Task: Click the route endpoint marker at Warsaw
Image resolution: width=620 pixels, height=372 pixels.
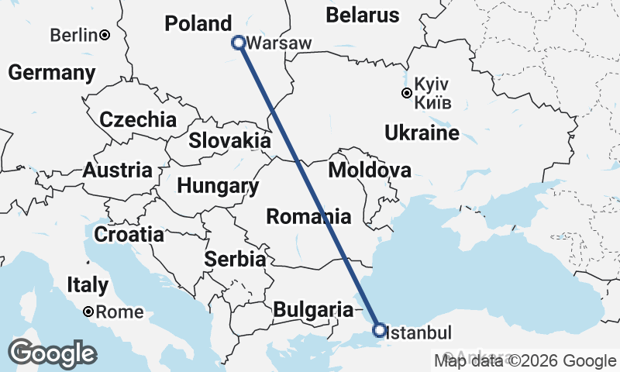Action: (239, 43)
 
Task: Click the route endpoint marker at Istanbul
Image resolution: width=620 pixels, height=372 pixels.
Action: (379, 331)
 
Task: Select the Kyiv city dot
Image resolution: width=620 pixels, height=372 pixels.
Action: (406, 94)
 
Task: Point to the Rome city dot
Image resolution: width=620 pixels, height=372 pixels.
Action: (90, 312)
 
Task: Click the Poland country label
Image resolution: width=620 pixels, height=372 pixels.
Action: (198, 23)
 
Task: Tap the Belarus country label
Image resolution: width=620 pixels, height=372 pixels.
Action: (363, 15)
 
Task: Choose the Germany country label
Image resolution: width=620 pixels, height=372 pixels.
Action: (51, 73)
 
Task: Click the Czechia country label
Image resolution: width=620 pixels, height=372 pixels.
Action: (138, 120)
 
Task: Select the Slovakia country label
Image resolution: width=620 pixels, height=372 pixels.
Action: (230, 141)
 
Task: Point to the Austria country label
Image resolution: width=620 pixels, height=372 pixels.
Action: (117, 170)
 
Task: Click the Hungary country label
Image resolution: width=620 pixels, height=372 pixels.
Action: (218, 186)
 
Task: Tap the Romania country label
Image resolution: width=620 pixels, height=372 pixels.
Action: (308, 216)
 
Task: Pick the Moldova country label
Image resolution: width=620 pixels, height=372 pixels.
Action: (370, 170)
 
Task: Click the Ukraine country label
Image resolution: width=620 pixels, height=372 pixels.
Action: (422, 133)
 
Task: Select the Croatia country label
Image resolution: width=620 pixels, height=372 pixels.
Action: (129, 233)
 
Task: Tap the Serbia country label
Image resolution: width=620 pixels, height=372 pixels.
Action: (236, 259)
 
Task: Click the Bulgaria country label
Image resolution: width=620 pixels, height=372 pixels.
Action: (313, 310)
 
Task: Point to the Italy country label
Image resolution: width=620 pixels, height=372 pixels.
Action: (87, 284)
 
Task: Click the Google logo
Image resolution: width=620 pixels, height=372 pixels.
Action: (53, 353)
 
